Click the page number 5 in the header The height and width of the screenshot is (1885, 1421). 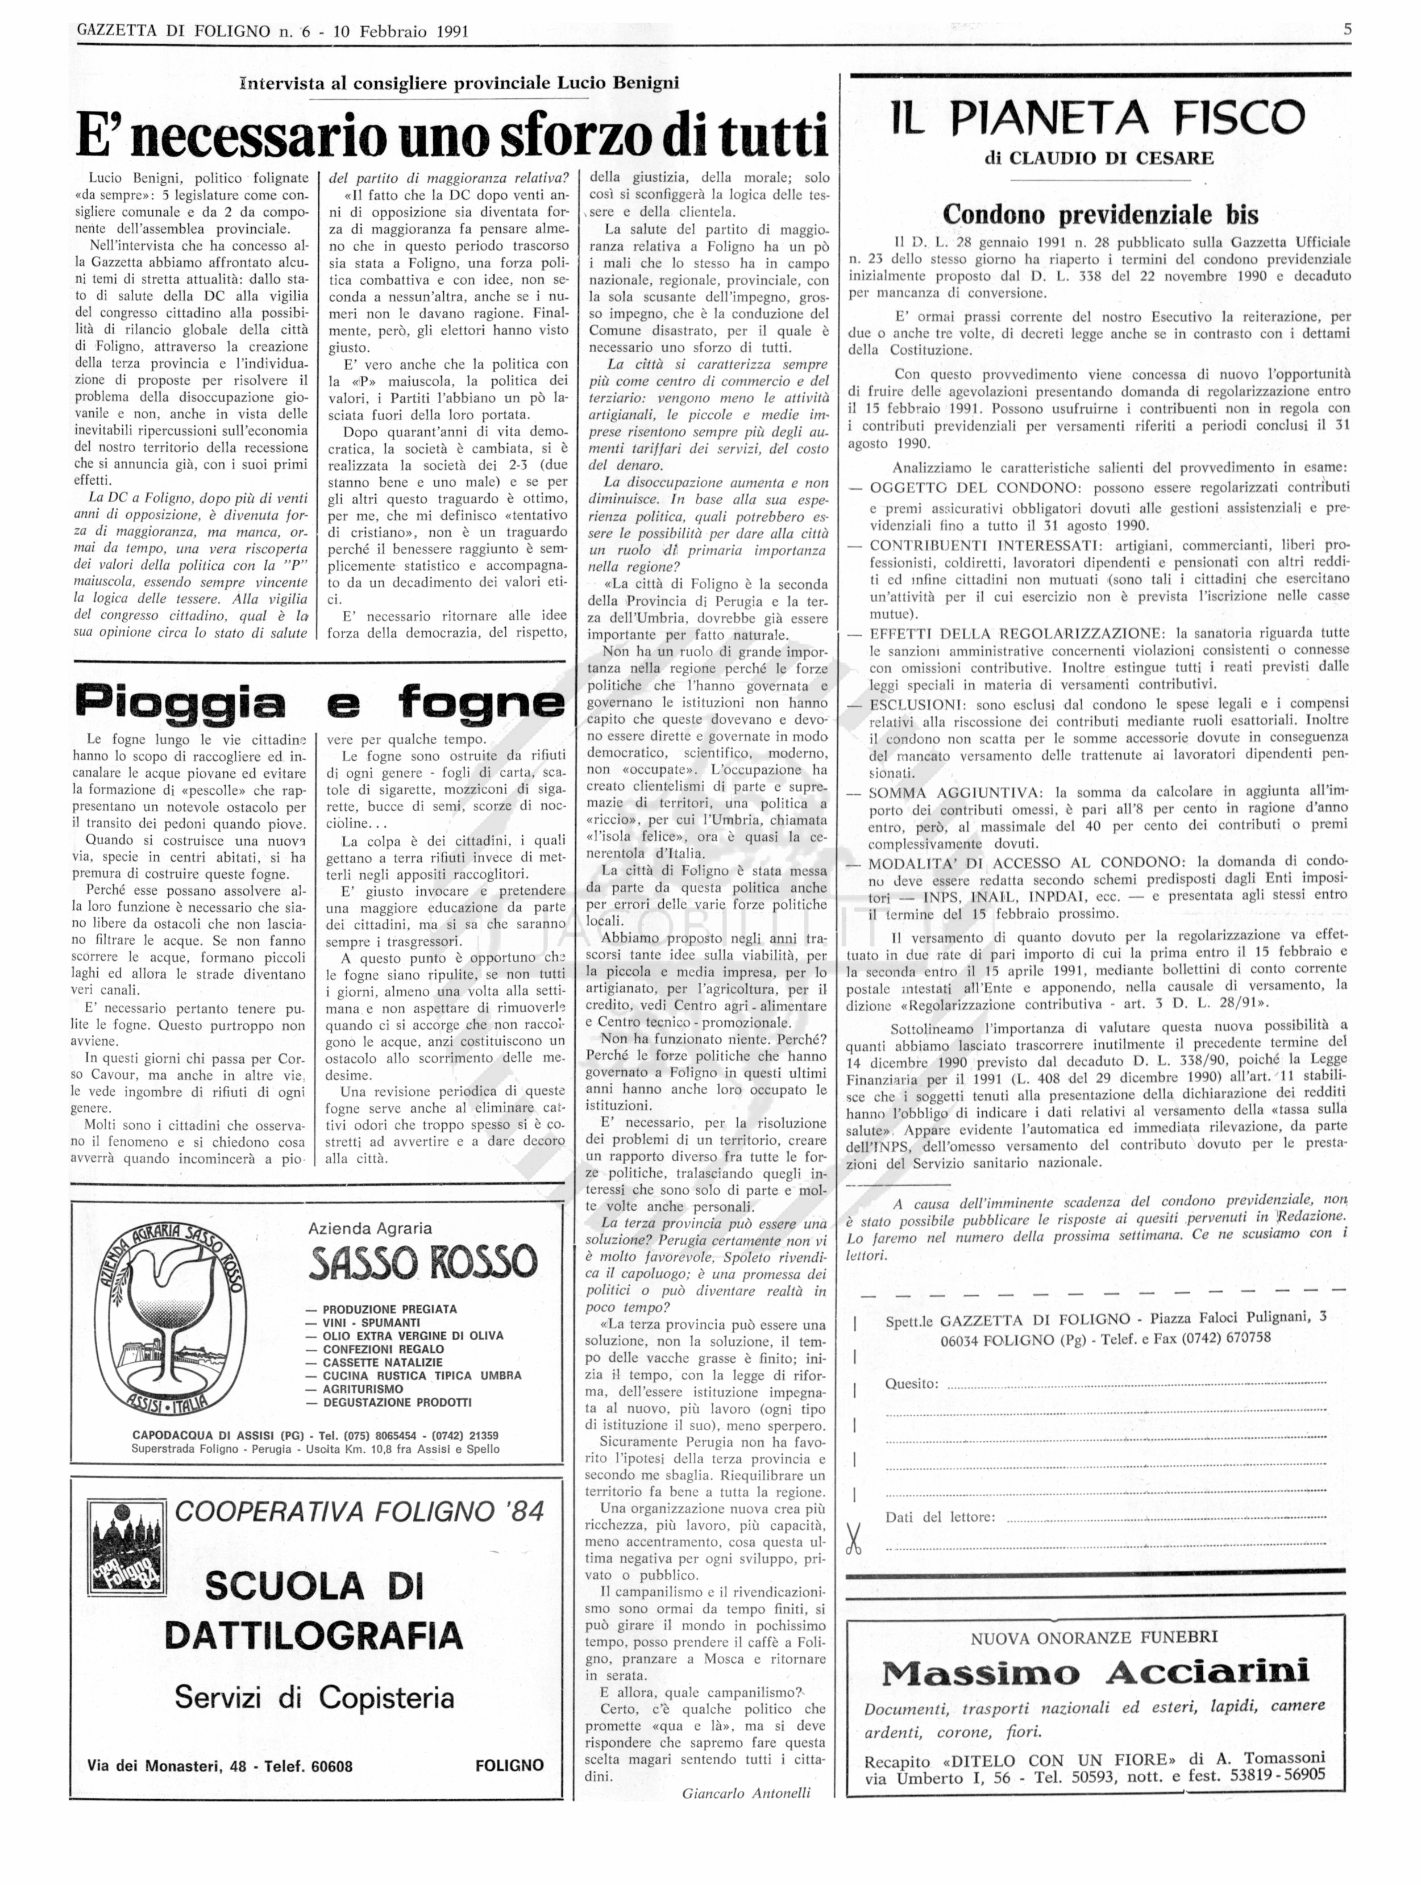tap(1348, 30)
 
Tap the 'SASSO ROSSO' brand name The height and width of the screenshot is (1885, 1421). tap(423, 1262)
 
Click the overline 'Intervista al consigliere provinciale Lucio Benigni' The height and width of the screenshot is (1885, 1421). tap(460, 83)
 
